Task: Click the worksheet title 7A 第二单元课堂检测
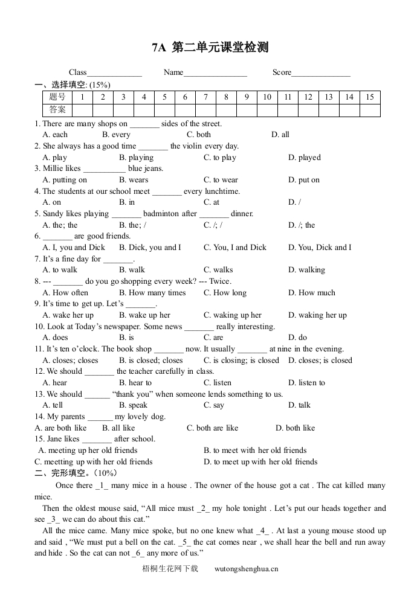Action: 210,48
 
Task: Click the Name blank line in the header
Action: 215,74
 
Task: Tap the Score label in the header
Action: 282,72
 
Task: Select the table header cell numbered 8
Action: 226,97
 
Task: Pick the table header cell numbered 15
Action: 370,97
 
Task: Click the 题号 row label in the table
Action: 57,97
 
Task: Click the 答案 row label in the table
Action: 57,110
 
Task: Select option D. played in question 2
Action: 305,158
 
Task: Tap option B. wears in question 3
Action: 134,180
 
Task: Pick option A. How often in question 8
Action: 65,293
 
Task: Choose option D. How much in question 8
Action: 312,293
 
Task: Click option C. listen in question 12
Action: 218,383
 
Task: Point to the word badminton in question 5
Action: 161,214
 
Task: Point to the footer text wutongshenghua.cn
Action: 247,569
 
